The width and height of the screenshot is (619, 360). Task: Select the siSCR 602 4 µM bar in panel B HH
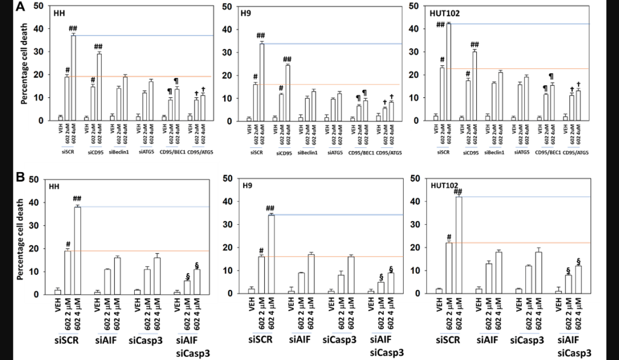click(x=77, y=250)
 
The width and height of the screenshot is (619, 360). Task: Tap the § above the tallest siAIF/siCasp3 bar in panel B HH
click(x=197, y=263)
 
